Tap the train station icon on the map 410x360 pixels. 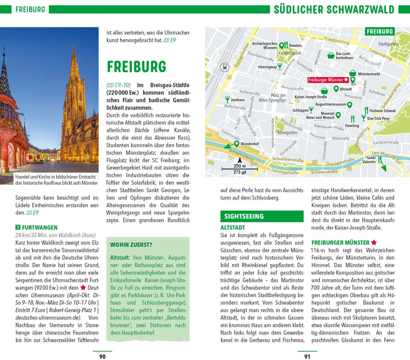pos(225,67)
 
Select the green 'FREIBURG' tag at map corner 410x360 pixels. pos(380,32)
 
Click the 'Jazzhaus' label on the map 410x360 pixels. pos(237,100)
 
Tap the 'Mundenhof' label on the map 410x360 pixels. pos(249,144)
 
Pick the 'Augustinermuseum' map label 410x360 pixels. pos(330,104)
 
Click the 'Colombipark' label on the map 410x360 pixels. pos(290,53)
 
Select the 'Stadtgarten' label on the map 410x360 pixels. pos(388,44)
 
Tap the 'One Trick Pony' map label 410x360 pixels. pos(378,119)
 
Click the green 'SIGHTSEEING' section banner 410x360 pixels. pos(262,216)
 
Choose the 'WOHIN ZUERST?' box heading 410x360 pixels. pos(131,245)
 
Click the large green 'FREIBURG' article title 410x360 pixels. pos(136,67)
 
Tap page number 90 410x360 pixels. pos(102,357)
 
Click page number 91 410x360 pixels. pos(307,357)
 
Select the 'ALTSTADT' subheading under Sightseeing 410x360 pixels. pos(233,227)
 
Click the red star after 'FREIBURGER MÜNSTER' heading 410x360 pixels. pos(374,243)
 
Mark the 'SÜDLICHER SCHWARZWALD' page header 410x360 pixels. pos(334,9)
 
